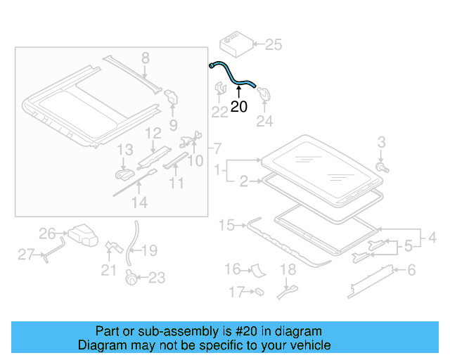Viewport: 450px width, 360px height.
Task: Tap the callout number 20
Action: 239,107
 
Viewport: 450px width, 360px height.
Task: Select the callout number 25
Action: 273,45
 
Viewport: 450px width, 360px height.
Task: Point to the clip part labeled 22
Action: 220,91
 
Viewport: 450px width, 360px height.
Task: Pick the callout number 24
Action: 264,121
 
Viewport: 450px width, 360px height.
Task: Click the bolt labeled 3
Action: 382,168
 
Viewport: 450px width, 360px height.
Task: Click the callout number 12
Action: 153,133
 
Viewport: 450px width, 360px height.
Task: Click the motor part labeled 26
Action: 83,236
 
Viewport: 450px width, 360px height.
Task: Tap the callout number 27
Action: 26,255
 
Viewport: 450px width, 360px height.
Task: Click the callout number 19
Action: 150,250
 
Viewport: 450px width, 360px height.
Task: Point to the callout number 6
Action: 411,269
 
